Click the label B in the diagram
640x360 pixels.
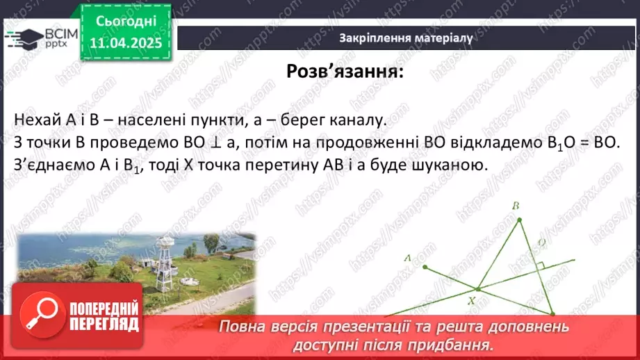coord(516,206)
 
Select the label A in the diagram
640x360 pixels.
coord(408,257)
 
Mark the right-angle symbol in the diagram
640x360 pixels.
coord(539,265)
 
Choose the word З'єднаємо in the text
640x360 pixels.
coord(49,166)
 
